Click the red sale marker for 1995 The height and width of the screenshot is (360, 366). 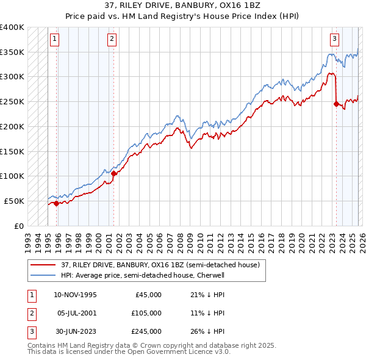pos(56,203)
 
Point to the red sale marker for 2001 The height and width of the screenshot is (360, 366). pos(113,173)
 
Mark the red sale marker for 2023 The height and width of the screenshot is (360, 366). pos(336,104)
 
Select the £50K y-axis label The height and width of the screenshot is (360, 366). pos(14,201)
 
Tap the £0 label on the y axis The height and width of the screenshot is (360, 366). pos(18,226)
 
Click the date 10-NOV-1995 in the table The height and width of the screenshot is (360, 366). pos(76,295)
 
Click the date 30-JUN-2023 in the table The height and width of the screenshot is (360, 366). pos(75,331)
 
